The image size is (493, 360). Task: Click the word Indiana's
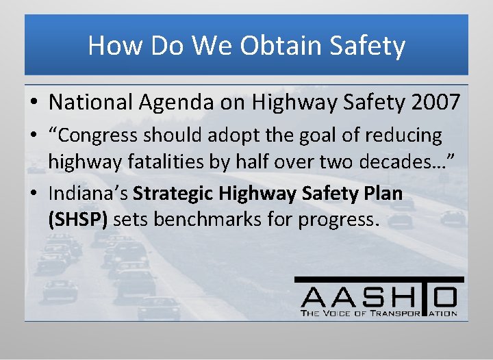coord(88,194)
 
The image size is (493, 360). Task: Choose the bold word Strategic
coord(175,194)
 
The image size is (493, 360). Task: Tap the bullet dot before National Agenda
coord(33,103)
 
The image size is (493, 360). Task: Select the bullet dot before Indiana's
coord(33,194)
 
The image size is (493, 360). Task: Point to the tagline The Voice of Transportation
coord(379,313)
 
